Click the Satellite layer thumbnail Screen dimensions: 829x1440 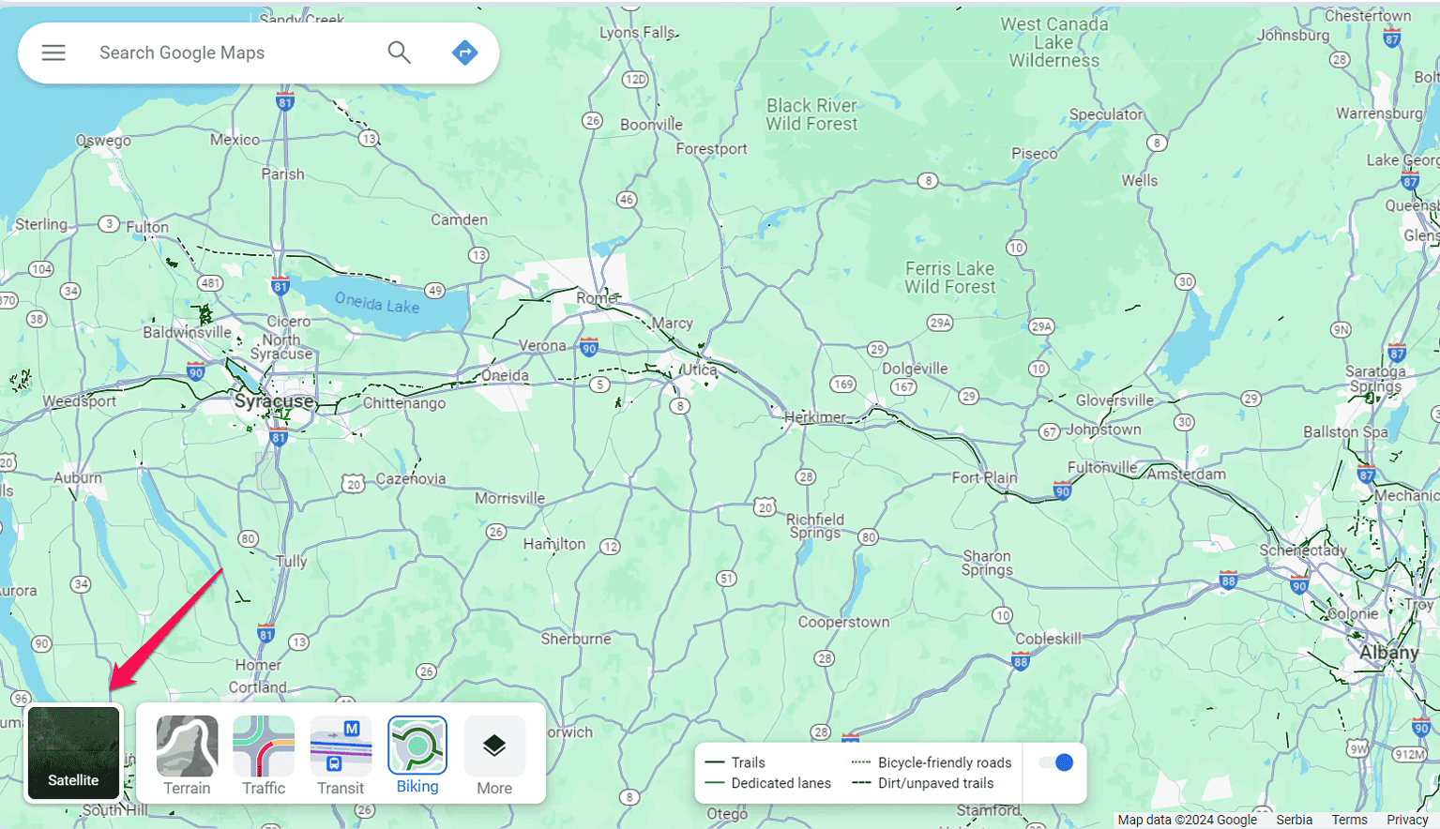(x=73, y=753)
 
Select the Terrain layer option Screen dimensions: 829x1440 (x=187, y=746)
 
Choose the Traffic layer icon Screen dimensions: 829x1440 (x=264, y=746)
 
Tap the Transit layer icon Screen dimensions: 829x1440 (x=341, y=746)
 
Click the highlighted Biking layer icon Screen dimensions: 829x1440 (x=417, y=746)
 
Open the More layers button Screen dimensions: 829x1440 (x=494, y=746)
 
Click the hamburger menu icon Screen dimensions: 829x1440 (x=53, y=53)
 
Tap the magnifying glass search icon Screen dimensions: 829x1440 (x=400, y=53)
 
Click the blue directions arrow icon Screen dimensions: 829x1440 (x=464, y=53)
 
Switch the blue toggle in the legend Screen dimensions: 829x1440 (x=1056, y=762)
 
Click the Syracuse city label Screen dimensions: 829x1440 (x=274, y=401)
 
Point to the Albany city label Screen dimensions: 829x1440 (x=1388, y=652)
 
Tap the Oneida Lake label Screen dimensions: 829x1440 (x=377, y=304)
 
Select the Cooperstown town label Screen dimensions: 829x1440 (x=843, y=622)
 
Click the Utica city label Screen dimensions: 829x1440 (x=699, y=369)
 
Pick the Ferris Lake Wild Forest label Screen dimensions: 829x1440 (x=949, y=278)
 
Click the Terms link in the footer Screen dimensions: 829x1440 (x=1349, y=820)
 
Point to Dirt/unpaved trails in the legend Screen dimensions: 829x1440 (x=935, y=783)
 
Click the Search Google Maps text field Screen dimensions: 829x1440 (x=235, y=53)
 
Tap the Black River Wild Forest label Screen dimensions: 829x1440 (x=811, y=114)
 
